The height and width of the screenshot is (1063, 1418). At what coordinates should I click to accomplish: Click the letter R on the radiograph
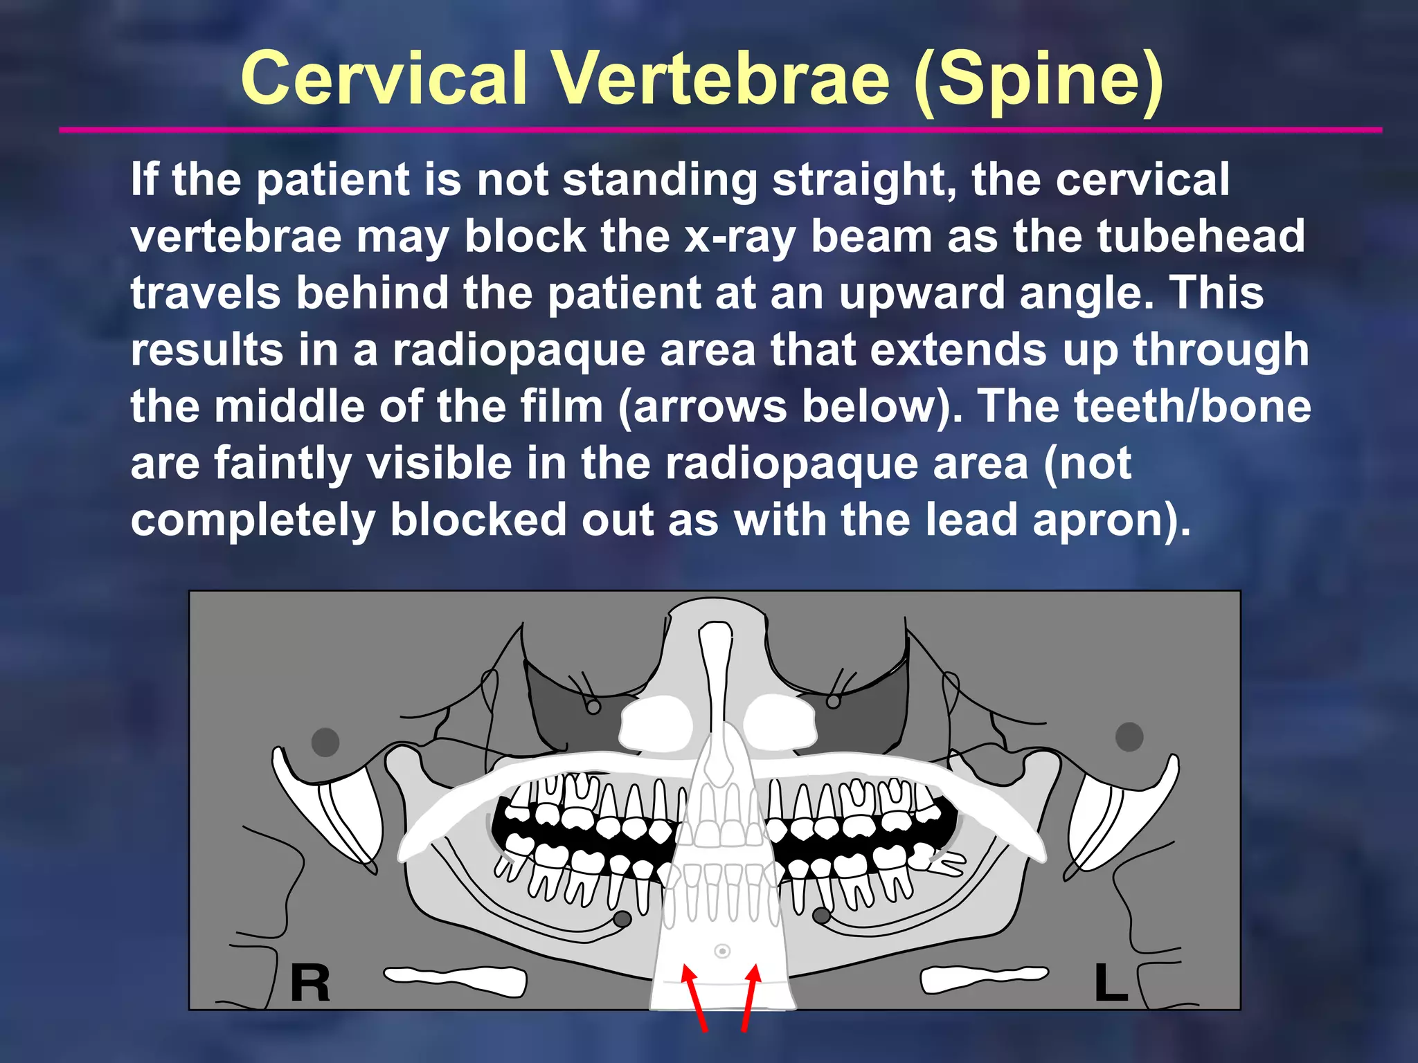point(309,983)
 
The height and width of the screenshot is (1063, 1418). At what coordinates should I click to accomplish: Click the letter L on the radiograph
point(1111,982)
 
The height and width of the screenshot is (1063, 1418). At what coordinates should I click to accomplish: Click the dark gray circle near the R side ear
point(325,742)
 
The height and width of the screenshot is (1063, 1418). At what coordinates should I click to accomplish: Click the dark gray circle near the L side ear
point(1129,736)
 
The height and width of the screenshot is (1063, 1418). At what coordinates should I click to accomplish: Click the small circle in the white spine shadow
point(722,952)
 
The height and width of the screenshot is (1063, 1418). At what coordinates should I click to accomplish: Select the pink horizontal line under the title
point(720,129)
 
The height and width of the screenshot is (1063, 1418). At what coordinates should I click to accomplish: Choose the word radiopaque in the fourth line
point(519,349)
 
